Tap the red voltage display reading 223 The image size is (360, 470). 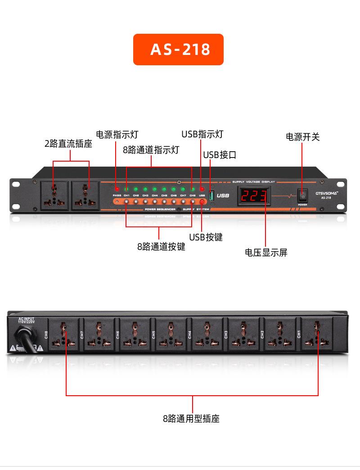pos(254,195)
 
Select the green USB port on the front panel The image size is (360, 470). pos(211,195)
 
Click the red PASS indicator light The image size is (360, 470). pos(117,189)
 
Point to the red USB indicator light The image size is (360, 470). pos(202,189)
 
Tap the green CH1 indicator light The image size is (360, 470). pos(126,189)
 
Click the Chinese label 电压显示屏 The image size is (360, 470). pos(266,253)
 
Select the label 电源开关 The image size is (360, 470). pos(303,137)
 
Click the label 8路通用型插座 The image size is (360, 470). pos(191,419)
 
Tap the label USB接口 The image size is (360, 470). pos(220,155)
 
